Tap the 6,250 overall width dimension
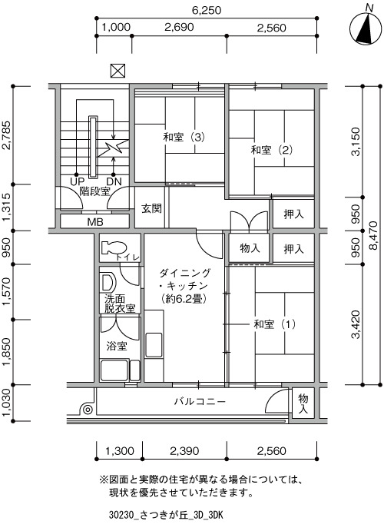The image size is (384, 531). pyautogui.click(x=207, y=10)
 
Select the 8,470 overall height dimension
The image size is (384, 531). pyautogui.click(x=373, y=235)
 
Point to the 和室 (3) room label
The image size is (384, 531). pyautogui.click(x=184, y=138)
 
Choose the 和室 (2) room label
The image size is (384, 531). pyautogui.click(x=272, y=150)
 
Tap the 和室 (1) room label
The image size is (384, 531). pyautogui.click(x=275, y=324)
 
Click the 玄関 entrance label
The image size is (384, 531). pyautogui.click(x=151, y=208)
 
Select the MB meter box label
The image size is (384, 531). pyautogui.click(x=95, y=222)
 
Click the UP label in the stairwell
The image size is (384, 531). pyautogui.click(x=77, y=181)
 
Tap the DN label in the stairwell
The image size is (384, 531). pyautogui.click(x=114, y=181)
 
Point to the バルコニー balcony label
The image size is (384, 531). pyautogui.click(x=200, y=402)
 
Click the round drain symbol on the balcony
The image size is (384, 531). pyautogui.click(x=88, y=410)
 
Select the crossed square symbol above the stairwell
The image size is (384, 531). pyautogui.click(x=118, y=71)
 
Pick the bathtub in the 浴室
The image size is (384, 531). pyautogui.click(x=114, y=371)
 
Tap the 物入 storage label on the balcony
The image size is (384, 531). pyautogui.click(x=303, y=403)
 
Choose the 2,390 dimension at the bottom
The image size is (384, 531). pyautogui.click(x=184, y=451)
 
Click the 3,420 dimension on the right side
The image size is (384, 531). pyautogui.click(x=356, y=324)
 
